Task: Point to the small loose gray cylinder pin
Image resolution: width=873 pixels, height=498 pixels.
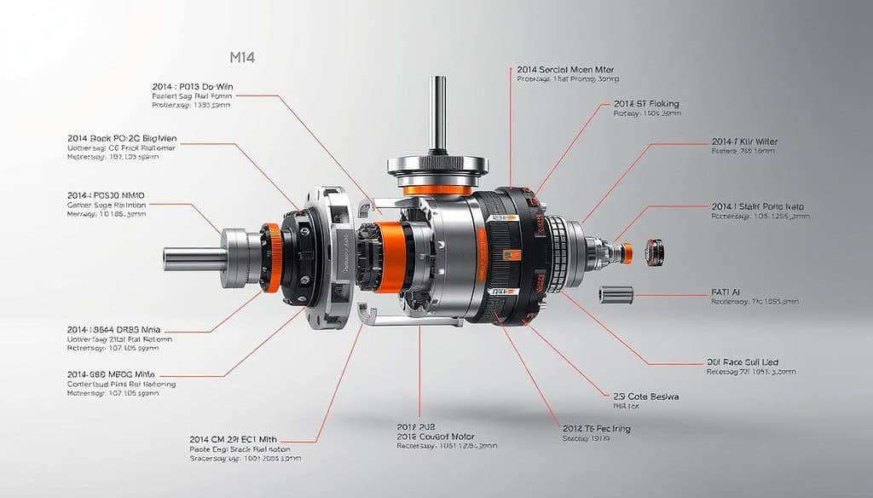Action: [x=616, y=294]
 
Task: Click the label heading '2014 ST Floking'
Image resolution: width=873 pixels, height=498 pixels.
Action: [x=646, y=104]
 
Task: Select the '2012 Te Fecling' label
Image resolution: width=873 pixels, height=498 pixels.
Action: [x=596, y=428]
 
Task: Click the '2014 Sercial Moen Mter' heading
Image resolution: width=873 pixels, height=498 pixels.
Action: [x=565, y=69]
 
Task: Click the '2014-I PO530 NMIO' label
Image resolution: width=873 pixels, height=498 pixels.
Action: [x=106, y=194]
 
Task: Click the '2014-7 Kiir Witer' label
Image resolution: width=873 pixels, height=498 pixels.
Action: [x=744, y=142]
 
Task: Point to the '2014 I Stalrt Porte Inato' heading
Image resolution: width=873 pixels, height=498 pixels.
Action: [x=757, y=206]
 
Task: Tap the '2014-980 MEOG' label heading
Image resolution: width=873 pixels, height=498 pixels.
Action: [x=115, y=373]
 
